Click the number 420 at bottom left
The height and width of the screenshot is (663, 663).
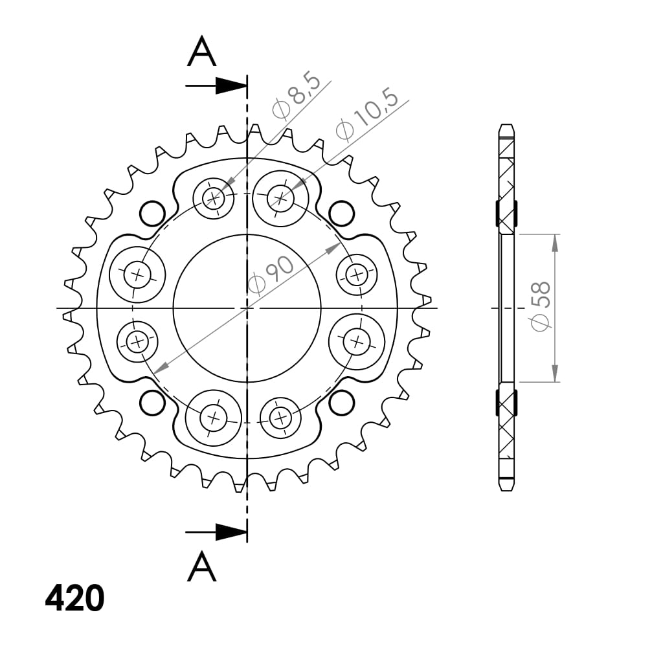(74, 598)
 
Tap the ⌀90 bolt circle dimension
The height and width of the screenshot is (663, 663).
(272, 276)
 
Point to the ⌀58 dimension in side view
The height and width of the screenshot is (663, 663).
(541, 306)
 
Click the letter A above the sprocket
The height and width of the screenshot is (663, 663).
(201, 52)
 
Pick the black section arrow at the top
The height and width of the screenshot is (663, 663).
(230, 85)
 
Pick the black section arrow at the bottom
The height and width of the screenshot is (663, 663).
(230, 532)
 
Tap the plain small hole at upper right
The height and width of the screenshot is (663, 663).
(341, 212)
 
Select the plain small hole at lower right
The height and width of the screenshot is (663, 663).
(341, 403)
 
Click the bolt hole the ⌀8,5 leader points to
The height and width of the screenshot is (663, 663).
(214, 197)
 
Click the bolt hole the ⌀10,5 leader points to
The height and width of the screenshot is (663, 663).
(280, 197)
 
